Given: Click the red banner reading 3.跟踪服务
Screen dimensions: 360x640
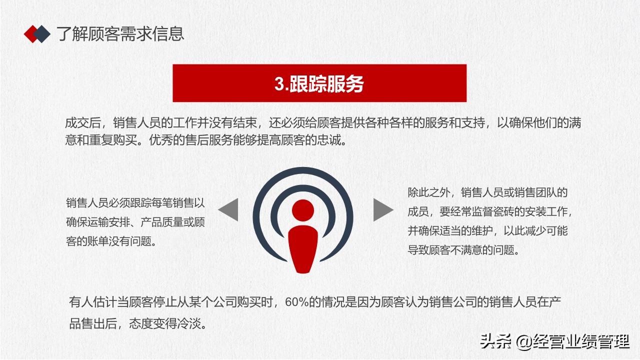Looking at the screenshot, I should (x=319, y=83).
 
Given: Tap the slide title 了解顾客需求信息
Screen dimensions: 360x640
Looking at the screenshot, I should (x=120, y=33).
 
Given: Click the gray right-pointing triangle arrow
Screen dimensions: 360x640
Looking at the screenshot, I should (x=383, y=210).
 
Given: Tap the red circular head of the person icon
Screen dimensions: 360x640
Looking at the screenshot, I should (x=303, y=210).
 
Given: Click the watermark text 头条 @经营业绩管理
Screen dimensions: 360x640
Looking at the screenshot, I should (x=554, y=342).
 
